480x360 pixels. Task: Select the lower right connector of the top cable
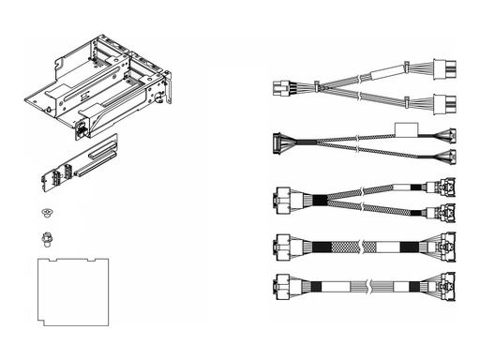click(x=444, y=102)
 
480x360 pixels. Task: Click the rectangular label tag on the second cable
click(x=405, y=131)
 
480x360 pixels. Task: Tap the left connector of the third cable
click(x=280, y=199)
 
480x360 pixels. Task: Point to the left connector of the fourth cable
click(x=280, y=247)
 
